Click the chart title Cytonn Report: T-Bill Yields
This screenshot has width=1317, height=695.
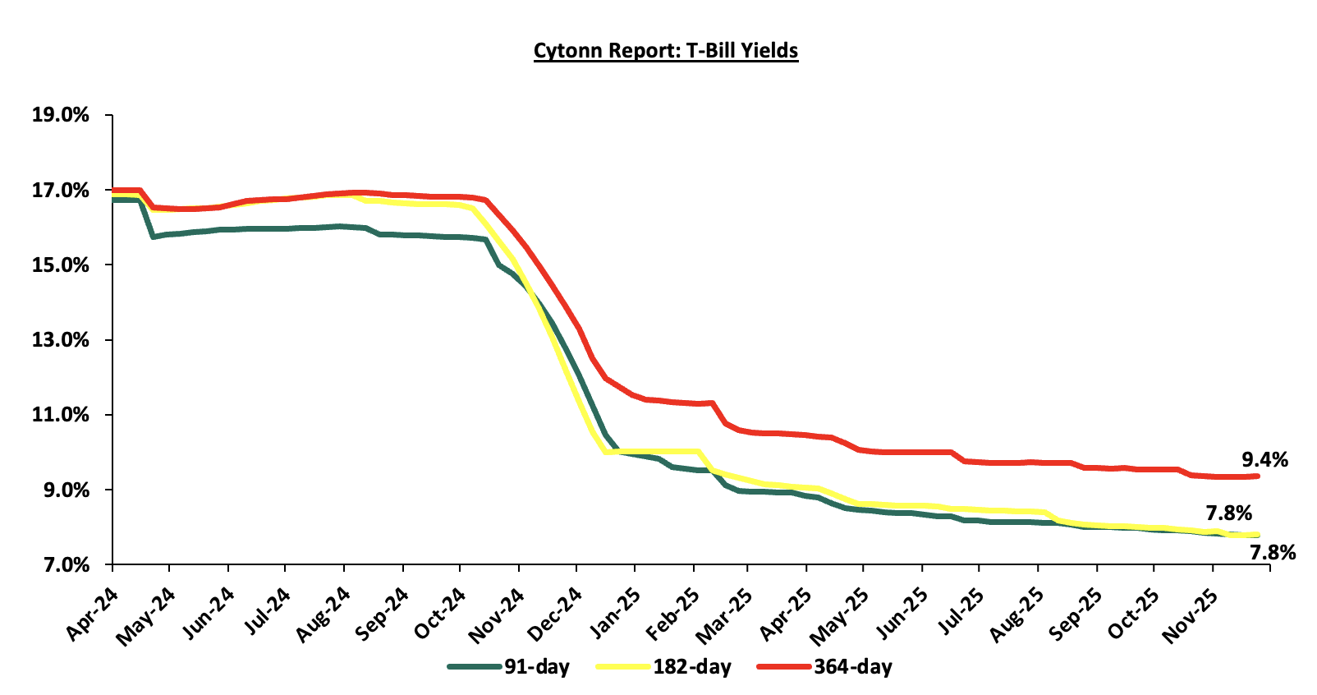[x=665, y=51]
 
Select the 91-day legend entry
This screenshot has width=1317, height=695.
[x=536, y=666]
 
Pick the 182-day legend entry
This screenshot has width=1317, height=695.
[x=691, y=666]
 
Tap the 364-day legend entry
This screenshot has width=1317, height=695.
[x=852, y=666]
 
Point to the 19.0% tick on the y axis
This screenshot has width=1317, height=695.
[x=61, y=115]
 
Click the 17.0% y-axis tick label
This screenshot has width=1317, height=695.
[x=61, y=191]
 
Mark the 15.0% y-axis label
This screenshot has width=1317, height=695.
[x=61, y=265]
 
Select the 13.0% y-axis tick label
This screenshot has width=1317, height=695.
[x=61, y=340]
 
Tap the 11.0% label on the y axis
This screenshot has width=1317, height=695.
[x=61, y=415]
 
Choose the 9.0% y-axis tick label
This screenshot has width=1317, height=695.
[x=66, y=490]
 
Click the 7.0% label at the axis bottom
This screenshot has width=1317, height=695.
[x=66, y=565]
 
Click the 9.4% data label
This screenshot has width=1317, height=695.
[x=1264, y=460]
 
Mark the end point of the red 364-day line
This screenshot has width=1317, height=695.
[x=1257, y=476]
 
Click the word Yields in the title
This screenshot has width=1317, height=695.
[x=769, y=51]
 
